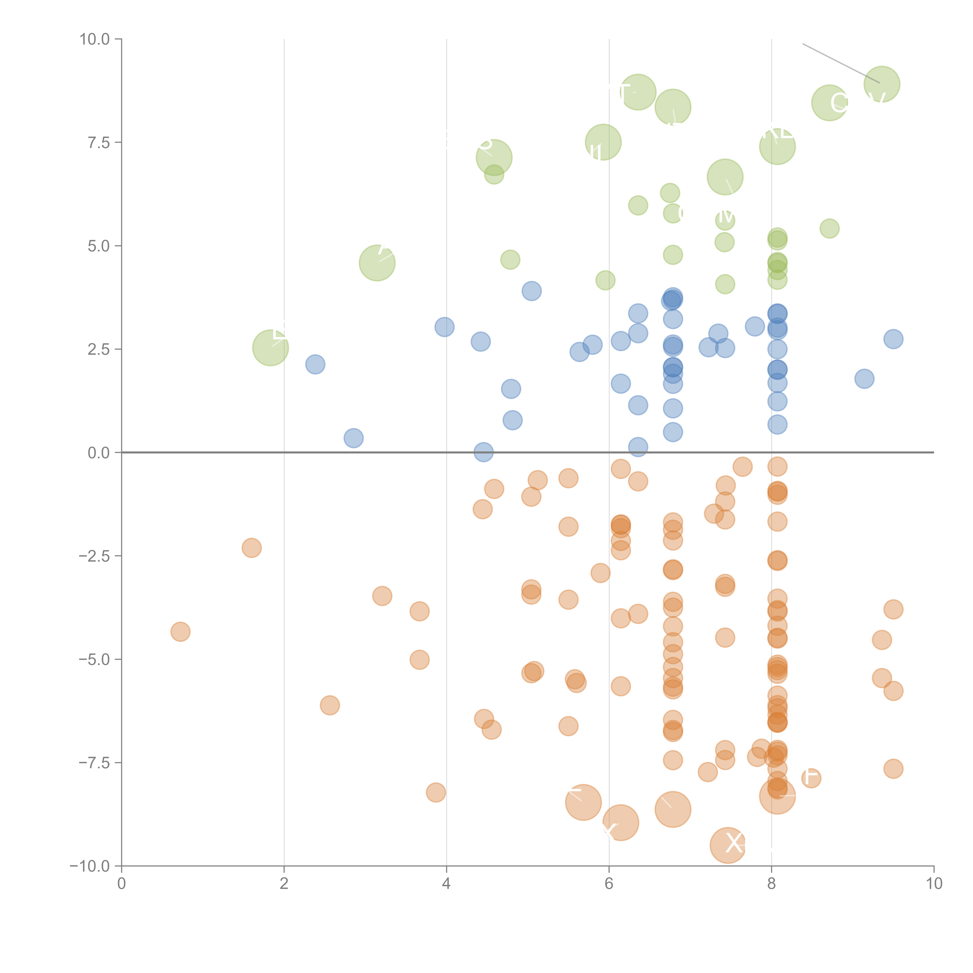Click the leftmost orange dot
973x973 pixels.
point(180,631)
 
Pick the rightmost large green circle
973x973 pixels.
point(881,84)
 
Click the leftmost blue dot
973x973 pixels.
point(315,364)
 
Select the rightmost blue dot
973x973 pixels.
point(893,339)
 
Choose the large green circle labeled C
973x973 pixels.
point(829,103)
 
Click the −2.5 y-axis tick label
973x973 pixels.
point(94,556)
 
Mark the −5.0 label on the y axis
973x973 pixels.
point(94,659)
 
